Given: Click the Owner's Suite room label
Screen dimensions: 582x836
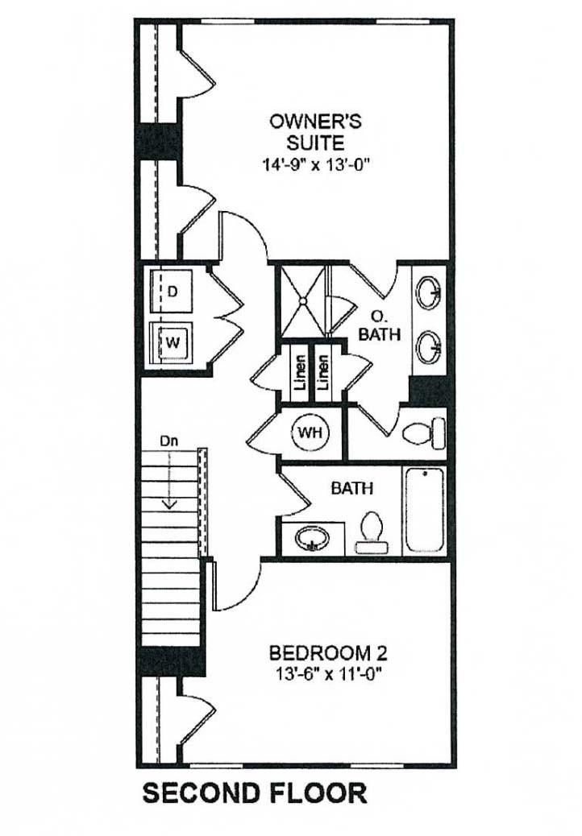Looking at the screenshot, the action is click(x=315, y=132).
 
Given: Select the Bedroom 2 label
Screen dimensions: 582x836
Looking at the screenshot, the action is click(x=328, y=652).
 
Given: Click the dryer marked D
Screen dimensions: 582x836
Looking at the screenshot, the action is click(x=171, y=291).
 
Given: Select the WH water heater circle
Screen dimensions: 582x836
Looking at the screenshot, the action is click(x=310, y=432).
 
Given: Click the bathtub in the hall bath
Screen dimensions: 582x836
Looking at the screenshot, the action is click(x=425, y=511).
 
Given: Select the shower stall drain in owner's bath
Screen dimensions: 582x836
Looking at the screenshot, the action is click(x=303, y=301).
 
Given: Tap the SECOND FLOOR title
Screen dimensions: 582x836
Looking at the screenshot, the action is click(x=255, y=793).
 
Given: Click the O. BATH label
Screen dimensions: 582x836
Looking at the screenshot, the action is click(x=380, y=325).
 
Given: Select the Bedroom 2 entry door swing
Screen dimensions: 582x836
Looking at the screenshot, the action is click(x=237, y=585).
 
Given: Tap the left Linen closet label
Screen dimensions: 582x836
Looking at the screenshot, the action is click(x=300, y=373).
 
